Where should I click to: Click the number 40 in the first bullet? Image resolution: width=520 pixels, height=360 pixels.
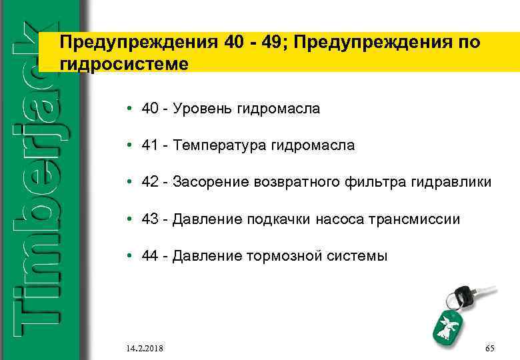click(x=149, y=108)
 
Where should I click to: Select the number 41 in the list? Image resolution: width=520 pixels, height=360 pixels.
click(x=149, y=145)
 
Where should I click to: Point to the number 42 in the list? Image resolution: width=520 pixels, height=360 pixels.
click(x=149, y=182)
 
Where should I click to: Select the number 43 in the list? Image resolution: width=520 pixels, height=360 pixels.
click(x=149, y=219)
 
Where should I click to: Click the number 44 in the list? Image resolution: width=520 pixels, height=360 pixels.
click(x=149, y=255)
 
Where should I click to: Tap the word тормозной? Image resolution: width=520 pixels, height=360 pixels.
click(x=277, y=255)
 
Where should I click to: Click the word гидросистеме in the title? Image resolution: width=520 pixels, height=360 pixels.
click(x=124, y=63)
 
